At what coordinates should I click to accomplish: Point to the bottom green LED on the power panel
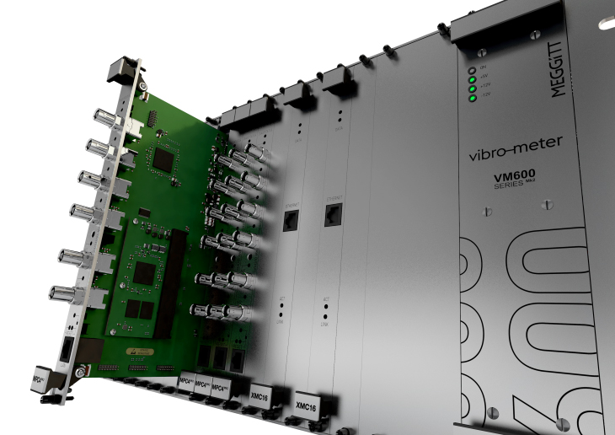point(473,98)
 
